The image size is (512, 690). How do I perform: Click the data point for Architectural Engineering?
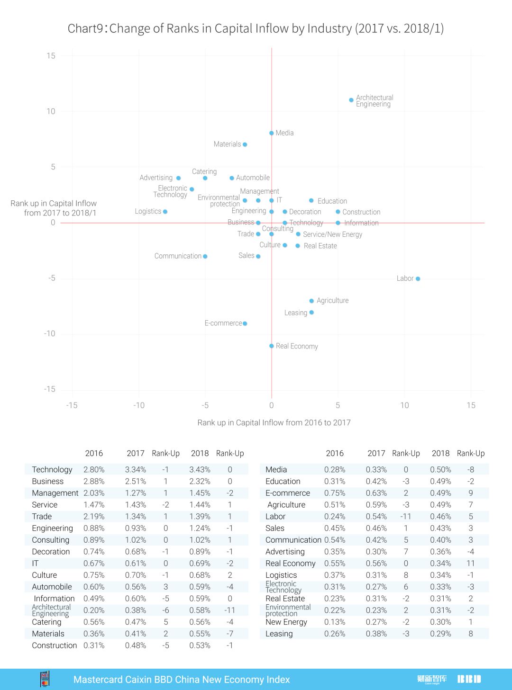coord(351,100)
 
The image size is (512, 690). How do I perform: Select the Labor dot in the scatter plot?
coord(418,279)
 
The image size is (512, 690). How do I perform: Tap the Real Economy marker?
coord(272,346)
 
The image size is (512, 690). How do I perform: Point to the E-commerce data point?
coord(245,323)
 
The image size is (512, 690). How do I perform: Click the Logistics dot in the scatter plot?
coord(165,212)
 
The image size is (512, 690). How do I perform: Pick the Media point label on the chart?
coord(284,133)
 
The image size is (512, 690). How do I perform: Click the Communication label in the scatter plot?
coord(178,256)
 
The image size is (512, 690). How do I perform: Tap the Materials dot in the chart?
coord(245,144)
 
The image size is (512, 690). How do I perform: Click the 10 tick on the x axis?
coord(404,405)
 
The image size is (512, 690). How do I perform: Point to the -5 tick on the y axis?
coord(52,278)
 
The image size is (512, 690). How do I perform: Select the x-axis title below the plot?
coord(274,422)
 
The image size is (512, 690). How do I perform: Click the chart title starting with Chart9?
coord(256,28)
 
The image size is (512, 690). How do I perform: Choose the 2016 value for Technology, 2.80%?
coord(94,470)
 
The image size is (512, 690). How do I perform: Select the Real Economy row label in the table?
coord(290,564)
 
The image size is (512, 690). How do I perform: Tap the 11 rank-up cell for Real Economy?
coord(470,564)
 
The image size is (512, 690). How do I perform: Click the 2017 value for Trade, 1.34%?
coord(135,517)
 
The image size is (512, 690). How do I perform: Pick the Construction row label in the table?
coord(54,645)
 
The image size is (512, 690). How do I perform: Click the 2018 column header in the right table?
coord(440,453)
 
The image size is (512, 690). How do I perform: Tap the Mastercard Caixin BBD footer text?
coord(182,680)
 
